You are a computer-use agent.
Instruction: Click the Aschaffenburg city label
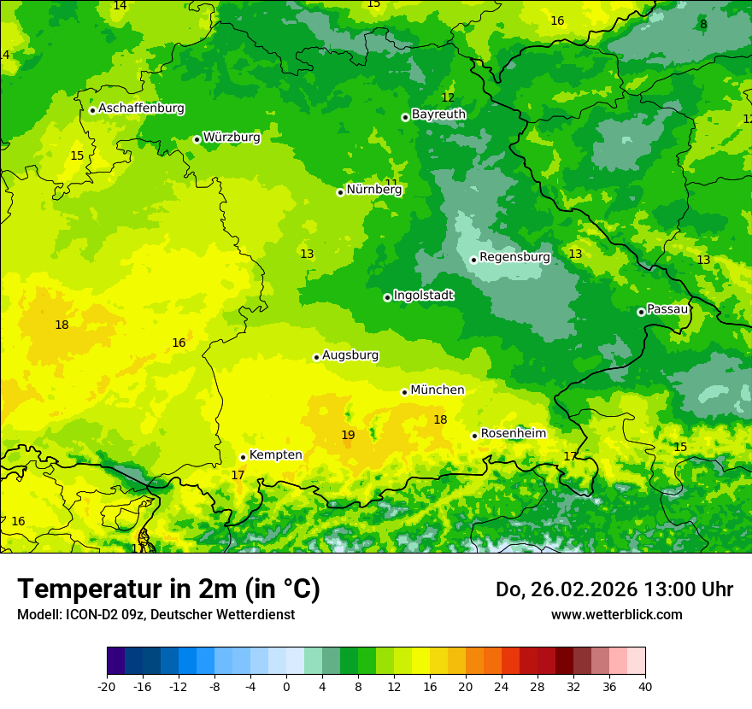pos(141,108)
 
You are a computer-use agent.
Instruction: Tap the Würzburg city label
pos(232,137)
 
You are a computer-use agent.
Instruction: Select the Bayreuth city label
pos(438,114)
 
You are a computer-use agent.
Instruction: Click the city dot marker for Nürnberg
pos(340,192)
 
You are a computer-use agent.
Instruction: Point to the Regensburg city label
pos(514,257)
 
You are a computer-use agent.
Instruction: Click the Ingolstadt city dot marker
pos(387,297)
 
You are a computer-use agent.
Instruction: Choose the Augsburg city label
pos(350,355)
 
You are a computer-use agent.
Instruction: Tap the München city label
pos(438,390)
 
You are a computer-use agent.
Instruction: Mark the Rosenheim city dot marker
pos(474,436)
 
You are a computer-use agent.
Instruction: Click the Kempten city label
pos(275,455)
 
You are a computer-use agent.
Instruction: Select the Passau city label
pos(667,309)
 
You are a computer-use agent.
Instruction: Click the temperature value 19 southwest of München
pos(348,436)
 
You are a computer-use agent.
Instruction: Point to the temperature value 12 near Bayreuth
pos(448,97)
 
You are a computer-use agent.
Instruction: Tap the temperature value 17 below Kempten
pos(238,476)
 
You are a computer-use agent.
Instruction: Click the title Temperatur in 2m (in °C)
pos(168,589)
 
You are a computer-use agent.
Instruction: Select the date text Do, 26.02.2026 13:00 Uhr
pos(614,589)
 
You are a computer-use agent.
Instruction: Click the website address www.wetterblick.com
pos(616,615)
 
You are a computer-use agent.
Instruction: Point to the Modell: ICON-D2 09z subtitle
pos(156,615)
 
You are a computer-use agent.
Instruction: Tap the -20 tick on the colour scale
pos(107,687)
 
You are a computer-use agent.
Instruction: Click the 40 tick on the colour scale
pos(645,687)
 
